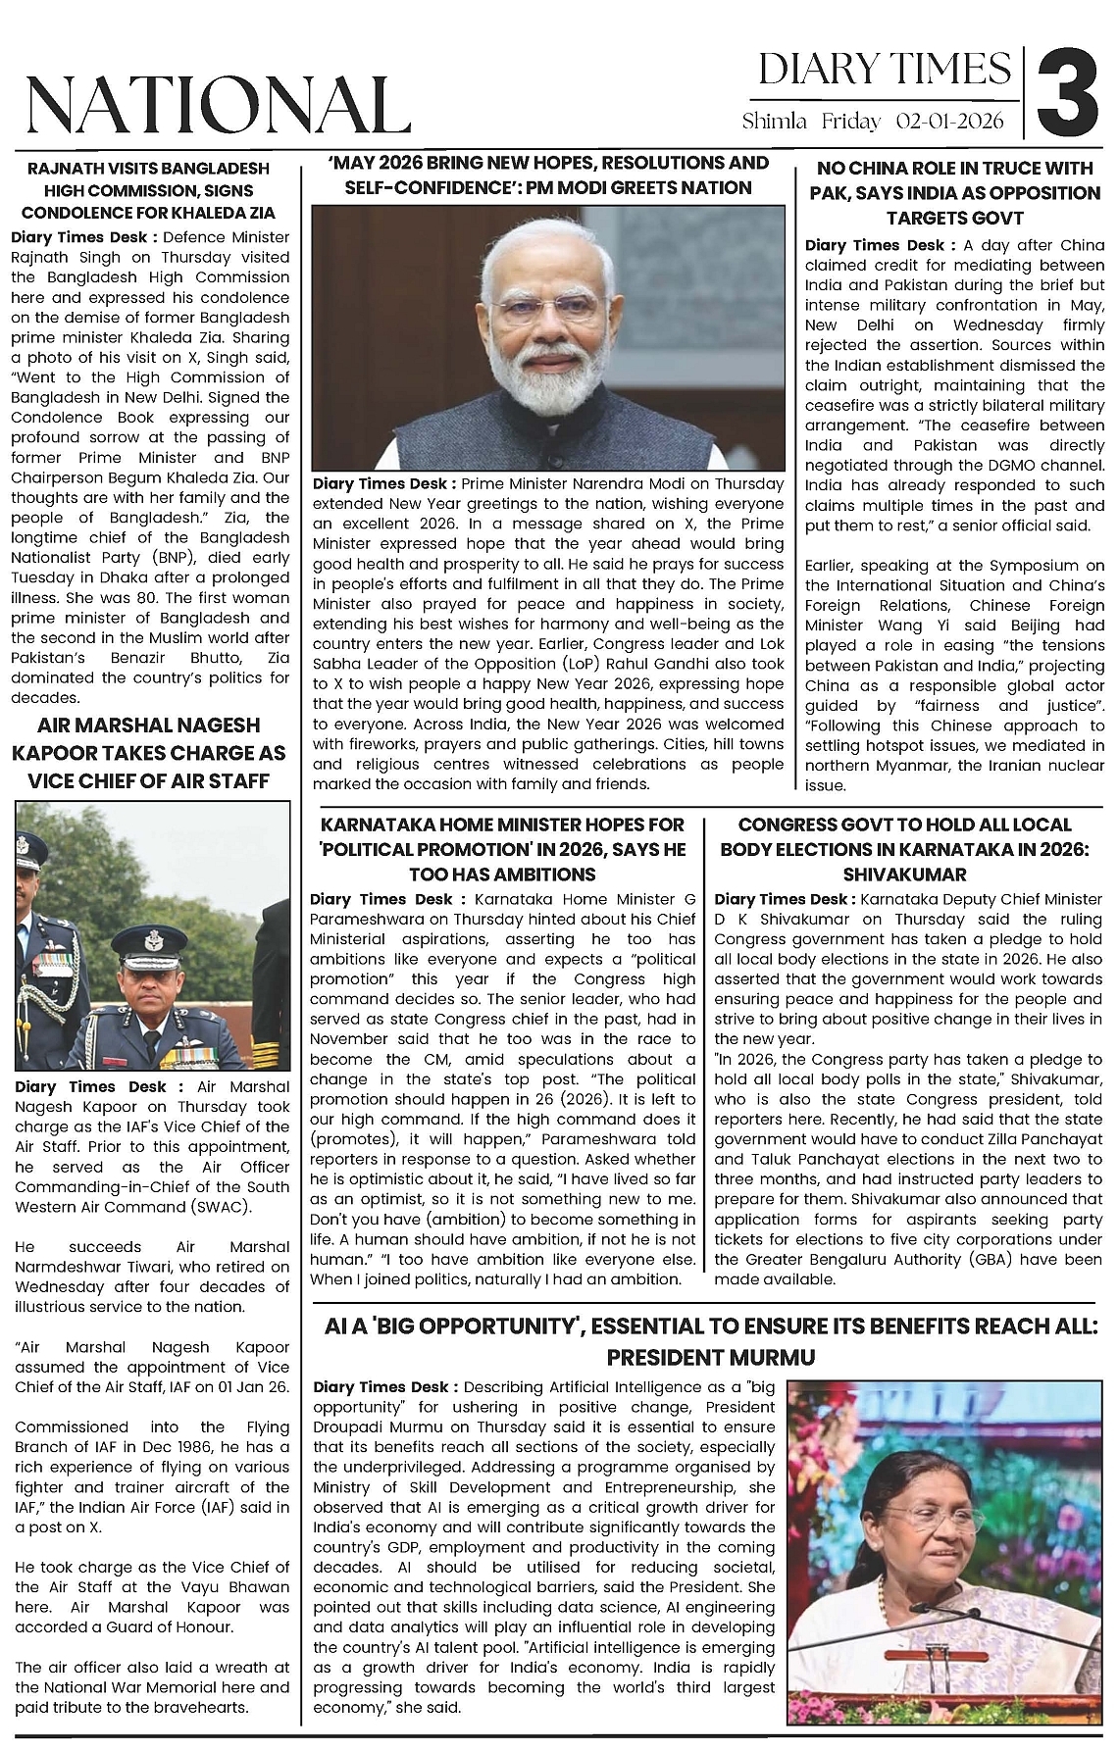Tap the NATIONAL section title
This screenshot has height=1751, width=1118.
click(217, 105)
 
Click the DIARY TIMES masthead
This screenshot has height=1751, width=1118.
click(884, 70)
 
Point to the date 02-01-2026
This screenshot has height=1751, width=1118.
click(950, 122)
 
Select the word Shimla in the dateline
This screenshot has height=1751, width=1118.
click(775, 122)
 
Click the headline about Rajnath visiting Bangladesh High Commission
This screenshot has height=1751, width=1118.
click(148, 190)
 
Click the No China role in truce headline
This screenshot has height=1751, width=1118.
click(954, 193)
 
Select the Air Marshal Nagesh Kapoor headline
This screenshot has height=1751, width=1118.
click(149, 753)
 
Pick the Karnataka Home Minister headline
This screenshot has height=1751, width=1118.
click(502, 849)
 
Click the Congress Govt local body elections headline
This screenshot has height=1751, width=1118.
click(904, 849)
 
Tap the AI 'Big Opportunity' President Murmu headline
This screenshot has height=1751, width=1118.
click(711, 1341)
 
